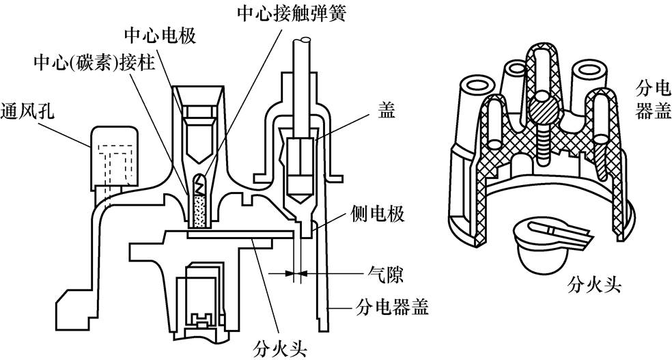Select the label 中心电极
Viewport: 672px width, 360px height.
click(160, 34)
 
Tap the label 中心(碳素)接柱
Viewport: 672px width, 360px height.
click(96, 64)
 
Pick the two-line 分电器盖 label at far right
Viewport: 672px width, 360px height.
click(649, 99)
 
